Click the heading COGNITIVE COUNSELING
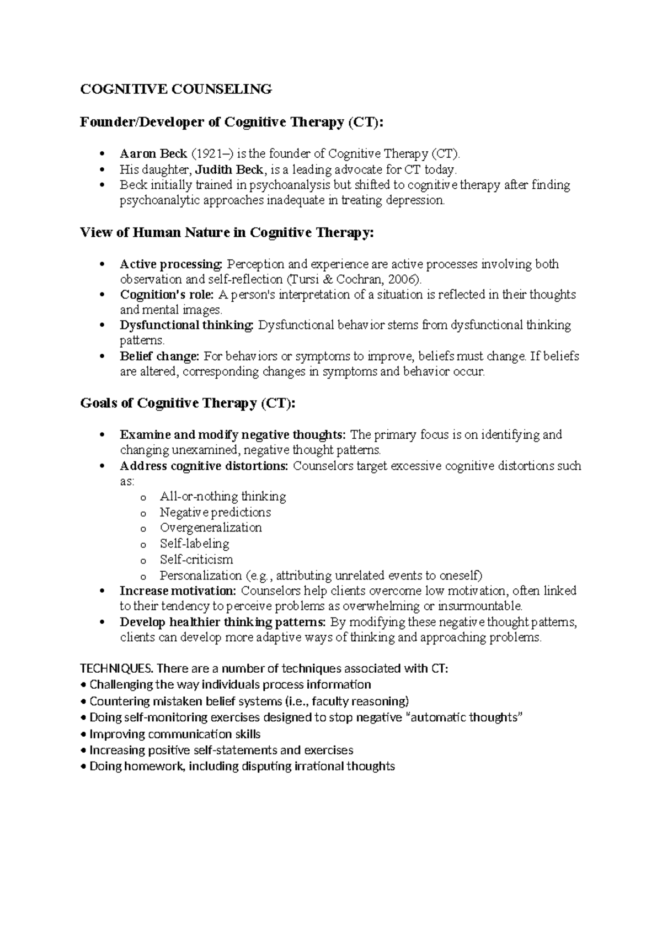click(x=176, y=89)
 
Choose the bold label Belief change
click(x=159, y=356)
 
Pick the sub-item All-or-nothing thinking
click(x=223, y=496)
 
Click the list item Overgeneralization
click(x=211, y=528)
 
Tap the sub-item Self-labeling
click(x=194, y=544)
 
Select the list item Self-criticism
click(x=196, y=560)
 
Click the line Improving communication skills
click(x=175, y=734)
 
